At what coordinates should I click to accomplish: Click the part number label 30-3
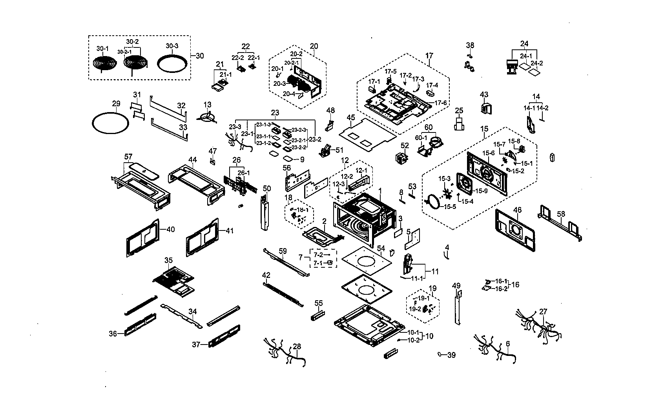pos(171,46)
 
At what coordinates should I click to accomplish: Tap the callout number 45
pos(351,117)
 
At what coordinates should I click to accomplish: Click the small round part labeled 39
pos(440,354)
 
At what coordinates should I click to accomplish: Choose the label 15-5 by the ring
pos(450,207)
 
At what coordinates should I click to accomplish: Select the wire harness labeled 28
pos(285,352)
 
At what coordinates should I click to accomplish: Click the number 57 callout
pos(128,157)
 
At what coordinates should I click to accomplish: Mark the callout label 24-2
pos(536,63)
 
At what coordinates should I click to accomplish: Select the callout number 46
pos(517,210)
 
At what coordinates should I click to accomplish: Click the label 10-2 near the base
pos(413,341)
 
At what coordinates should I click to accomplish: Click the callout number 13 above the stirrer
pos(207,105)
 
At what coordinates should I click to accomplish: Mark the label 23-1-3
pos(263,125)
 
